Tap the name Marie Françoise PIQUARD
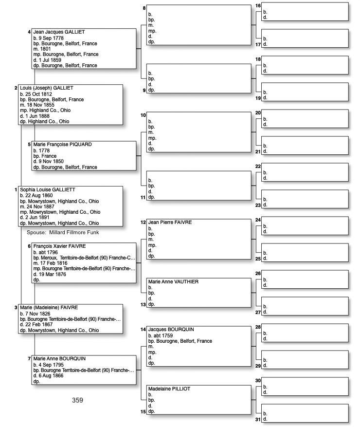pyautogui.click(x=62, y=145)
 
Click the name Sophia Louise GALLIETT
pyautogui.click(x=48, y=189)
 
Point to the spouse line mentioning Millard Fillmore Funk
pyautogui.click(x=63, y=232)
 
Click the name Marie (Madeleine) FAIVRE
pyautogui.click(x=49, y=308)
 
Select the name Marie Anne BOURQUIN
pyautogui.click(x=59, y=359)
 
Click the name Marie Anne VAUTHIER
pyautogui.click(x=173, y=282)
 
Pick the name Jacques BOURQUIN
pyautogui.click(x=171, y=330)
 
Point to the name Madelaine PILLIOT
pyautogui.click(x=169, y=389)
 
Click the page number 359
pyautogui.click(x=77, y=400)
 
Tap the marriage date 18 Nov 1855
pyautogui.click(x=42, y=105)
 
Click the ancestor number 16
pyautogui.click(x=258, y=6)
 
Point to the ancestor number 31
pyautogui.click(x=258, y=419)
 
